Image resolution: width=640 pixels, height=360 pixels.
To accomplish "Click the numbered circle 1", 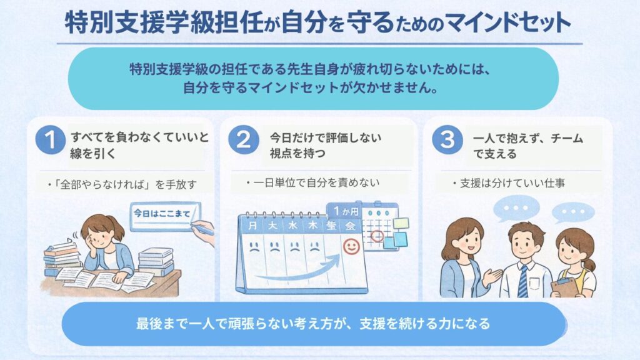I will (49, 142).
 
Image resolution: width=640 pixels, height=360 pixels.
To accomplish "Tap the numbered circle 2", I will (243, 142).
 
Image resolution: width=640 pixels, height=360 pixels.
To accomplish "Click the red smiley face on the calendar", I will (352, 247).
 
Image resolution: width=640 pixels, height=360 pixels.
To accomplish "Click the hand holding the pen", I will (204, 232).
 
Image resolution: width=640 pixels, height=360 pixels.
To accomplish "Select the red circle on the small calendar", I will (377, 236).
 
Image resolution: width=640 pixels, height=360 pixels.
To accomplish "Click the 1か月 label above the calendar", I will (343, 211).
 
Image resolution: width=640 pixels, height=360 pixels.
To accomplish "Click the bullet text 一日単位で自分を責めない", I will (318, 182).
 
